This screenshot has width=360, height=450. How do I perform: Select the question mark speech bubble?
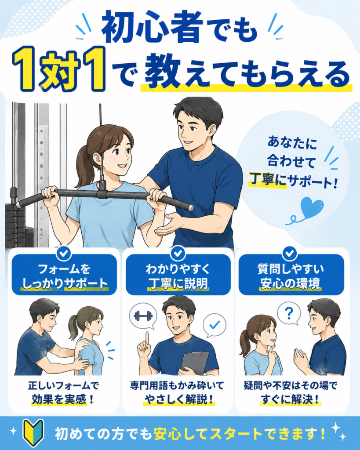pos(289,314)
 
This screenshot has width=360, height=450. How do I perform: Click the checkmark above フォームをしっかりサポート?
pos(64,253)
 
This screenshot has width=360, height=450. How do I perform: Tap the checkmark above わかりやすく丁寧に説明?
pos(178,253)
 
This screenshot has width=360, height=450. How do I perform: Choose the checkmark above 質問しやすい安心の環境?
pos(290,253)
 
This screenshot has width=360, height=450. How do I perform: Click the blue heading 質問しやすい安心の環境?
pos(291,276)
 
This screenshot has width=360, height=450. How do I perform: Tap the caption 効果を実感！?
pos(62,399)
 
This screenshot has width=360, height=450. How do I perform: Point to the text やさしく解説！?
pos(179,399)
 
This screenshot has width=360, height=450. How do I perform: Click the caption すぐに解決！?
pos(291,399)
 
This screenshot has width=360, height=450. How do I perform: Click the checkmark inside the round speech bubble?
pos(215,325)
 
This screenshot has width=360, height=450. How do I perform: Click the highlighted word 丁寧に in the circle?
pos(268,180)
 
